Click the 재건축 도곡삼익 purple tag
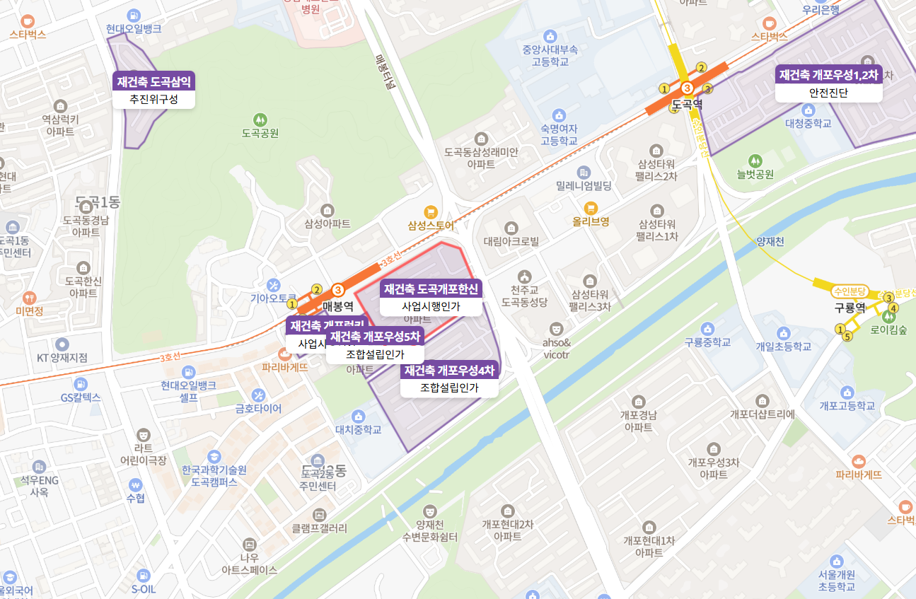(x=153, y=81)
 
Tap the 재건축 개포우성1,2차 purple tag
(x=828, y=74)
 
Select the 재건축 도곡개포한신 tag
(x=431, y=289)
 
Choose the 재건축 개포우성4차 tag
(x=449, y=370)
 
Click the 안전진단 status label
(x=828, y=93)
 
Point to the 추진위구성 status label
(x=153, y=100)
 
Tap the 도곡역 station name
(x=687, y=104)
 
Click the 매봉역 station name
(x=338, y=306)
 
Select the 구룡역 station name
(x=850, y=308)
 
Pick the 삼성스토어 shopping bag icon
(x=430, y=212)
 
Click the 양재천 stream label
(x=770, y=241)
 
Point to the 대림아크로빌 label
(x=511, y=241)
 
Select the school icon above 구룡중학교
(x=707, y=329)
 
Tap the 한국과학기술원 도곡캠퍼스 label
(x=214, y=476)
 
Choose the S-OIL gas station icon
(x=144, y=576)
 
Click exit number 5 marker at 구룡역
(x=847, y=337)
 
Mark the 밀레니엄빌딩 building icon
(x=584, y=172)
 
